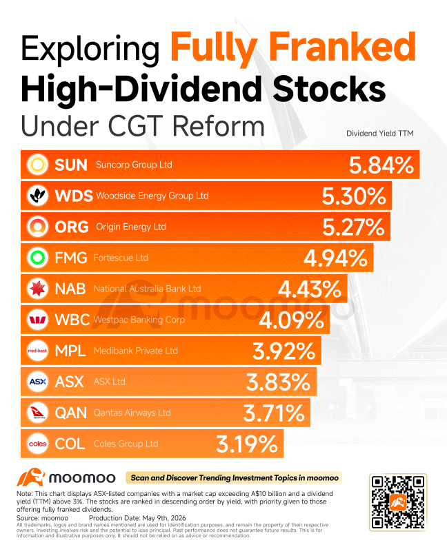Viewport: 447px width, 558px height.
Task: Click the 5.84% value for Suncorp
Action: click(381, 165)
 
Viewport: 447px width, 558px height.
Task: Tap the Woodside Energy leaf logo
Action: click(38, 196)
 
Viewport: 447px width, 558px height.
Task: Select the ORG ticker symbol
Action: click(72, 227)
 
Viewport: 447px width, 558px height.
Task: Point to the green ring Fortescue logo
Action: click(38, 257)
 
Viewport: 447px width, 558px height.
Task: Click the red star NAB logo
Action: click(38, 288)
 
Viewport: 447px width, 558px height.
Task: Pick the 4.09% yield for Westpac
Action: click(291, 320)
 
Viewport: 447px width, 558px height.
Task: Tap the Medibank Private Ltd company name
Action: click(135, 351)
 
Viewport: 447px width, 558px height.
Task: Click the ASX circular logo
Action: click(38, 382)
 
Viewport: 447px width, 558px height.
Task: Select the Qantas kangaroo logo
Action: click(38, 413)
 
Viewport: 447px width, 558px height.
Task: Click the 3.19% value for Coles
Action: click(247, 444)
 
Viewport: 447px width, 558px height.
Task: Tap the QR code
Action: click(398, 502)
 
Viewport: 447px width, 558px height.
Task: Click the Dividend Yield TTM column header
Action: click(380, 134)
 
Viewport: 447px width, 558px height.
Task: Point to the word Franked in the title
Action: click(342, 47)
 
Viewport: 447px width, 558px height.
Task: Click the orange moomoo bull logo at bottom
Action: click(31, 477)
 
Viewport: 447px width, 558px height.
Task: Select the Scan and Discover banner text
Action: click(235, 477)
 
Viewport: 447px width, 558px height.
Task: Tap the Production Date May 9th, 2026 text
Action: click(137, 518)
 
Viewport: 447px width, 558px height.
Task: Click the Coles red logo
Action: click(38, 444)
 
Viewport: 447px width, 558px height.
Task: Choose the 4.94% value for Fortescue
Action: click(335, 258)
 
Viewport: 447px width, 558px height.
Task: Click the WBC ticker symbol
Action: click(72, 320)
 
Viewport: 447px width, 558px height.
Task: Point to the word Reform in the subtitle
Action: click(219, 126)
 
